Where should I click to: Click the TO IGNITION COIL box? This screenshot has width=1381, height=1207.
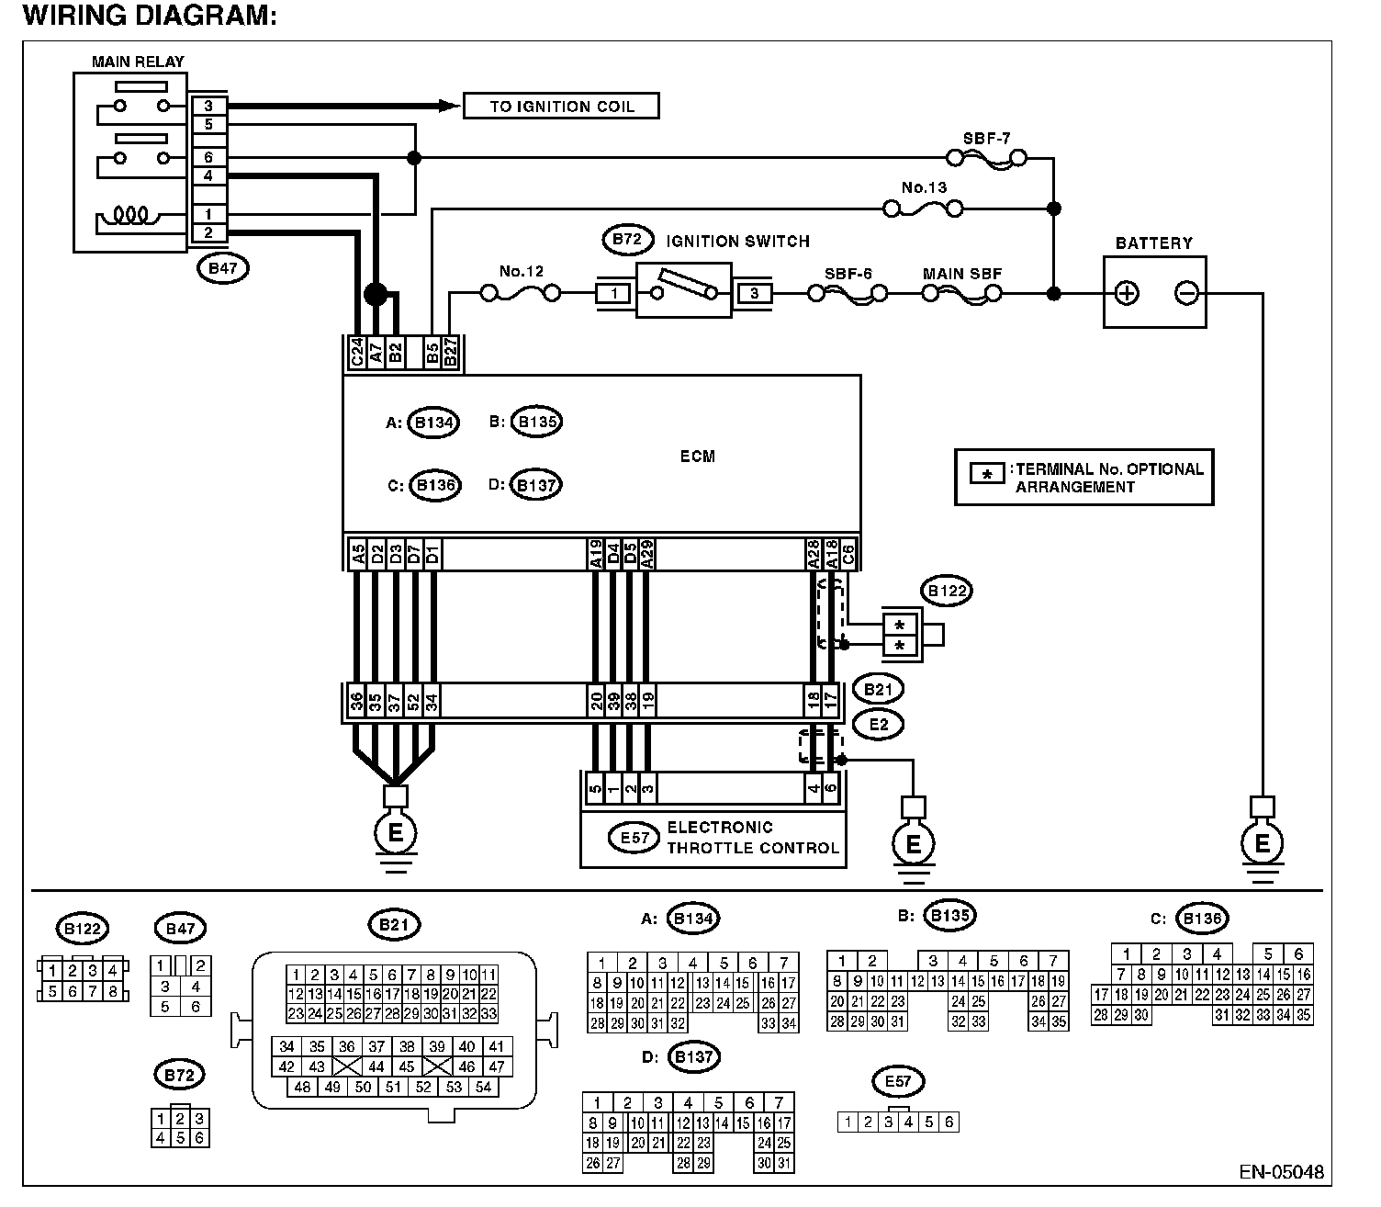click(561, 106)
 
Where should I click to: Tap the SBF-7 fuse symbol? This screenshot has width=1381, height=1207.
click(986, 159)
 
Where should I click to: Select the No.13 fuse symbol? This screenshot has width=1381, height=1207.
click(923, 209)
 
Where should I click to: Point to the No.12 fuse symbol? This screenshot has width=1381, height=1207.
click(521, 294)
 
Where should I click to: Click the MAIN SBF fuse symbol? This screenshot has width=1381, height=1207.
click(962, 294)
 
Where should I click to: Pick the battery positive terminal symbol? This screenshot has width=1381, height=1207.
click(1126, 293)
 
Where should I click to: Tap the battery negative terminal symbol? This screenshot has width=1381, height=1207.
click(1186, 293)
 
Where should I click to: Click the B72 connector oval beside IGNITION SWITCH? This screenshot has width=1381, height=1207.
click(628, 240)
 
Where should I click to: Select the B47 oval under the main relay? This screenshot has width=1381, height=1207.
click(223, 268)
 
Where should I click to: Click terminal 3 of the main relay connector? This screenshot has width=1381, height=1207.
click(208, 106)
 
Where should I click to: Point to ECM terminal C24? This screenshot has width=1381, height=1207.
click(356, 353)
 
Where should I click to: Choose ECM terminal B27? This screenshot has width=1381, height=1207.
click(451, 353)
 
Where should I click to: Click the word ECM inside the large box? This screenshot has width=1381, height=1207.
click(697, 457)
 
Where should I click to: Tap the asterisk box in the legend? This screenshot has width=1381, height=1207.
click(987, 474)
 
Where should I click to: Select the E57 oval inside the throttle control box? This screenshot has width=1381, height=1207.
click(634, 838)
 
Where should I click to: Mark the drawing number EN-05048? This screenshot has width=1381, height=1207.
click(1281, 1172)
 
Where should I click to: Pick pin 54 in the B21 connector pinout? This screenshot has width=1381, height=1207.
click(483, 1087)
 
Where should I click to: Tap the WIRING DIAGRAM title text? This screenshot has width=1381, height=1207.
click(150, 15)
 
